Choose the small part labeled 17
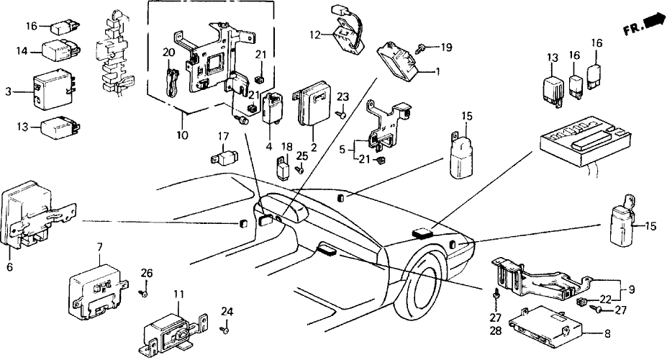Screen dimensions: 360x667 [x=226, y=155]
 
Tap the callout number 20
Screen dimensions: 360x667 [x=168, y=53]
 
